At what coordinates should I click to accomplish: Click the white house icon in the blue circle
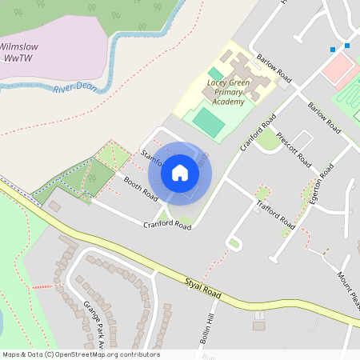[180, 172]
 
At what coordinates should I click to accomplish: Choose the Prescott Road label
[293, 147]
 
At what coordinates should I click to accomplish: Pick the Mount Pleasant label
[346, 288]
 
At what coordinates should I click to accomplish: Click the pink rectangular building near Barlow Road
[339, 70]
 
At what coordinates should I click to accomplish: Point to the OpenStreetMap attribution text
[81, 354]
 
